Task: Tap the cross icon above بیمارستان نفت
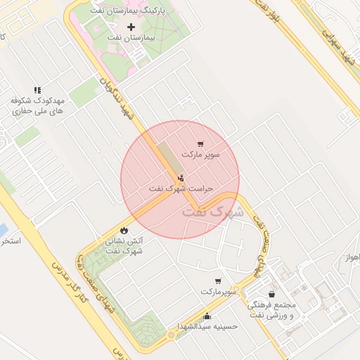(131, 26)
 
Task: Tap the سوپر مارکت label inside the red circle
(201, 153)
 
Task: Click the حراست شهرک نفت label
(181, 189)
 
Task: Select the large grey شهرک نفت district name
(212, 211)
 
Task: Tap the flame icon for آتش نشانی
(124, 230)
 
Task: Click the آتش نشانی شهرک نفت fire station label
(124, 245)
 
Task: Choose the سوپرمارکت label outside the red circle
(217, 291)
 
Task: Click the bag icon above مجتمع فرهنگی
(272, 295)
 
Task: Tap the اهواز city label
(353, 257)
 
